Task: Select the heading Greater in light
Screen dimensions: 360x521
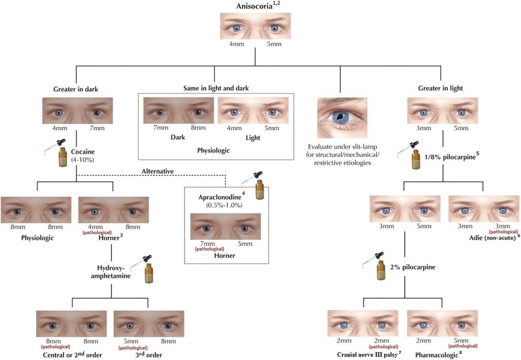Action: point(441,89)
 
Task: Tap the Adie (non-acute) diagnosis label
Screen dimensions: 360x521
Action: point(493,237)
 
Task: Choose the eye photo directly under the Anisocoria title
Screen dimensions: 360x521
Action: point(255,26)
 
